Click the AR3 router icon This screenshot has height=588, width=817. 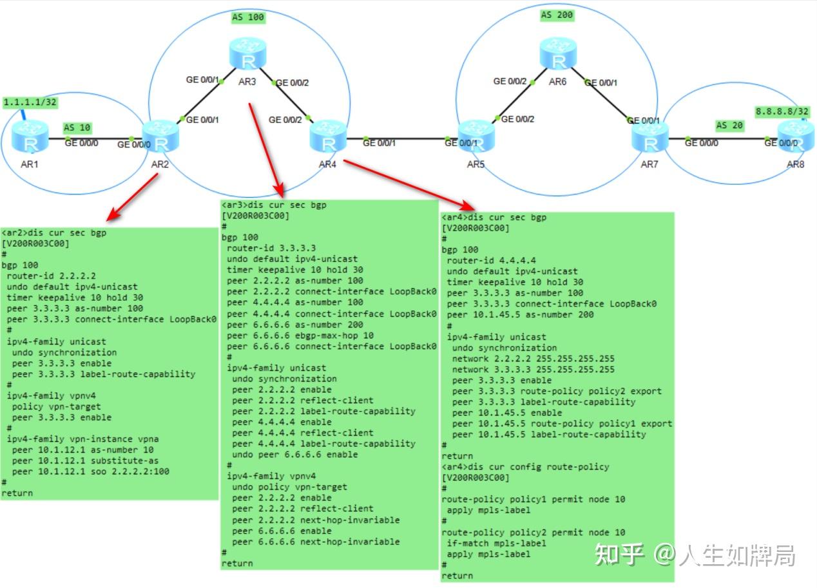tap(247, 54)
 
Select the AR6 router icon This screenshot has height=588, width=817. tap(559, 54)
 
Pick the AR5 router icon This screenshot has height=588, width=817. tap(476, 136)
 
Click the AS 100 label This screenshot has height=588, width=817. tap(248, 17)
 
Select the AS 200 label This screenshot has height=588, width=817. tap(557, 14)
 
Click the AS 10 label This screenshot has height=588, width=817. tap(77, 128)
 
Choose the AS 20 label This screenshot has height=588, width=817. tap(730, 126)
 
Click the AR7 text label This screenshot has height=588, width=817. tap(649, 165)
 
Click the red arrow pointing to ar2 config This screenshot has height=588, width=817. tap(132, 197)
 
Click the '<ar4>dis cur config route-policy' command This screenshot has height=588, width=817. tap(525, 466)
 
